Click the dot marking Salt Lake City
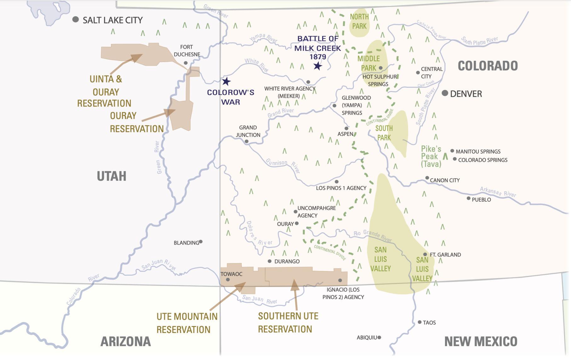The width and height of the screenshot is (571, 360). pyautogui.click(x=76, y=20)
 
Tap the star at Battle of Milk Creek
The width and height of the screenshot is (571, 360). pyautogui.click(x=318, y=66)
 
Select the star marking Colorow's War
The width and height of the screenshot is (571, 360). pyautogui.click(x=226, y=82)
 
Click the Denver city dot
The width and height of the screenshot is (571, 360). pyautogui.click(x=445, y=93)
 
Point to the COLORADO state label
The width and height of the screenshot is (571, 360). pyautogui.click(x=488, y=66)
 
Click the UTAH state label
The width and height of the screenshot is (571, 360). pyautogui.click(x=111, y=176)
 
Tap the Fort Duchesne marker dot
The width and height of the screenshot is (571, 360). pyautogui.click(x=186, y=63)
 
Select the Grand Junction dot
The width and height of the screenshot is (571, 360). pyautogui.click(x=247, y=142)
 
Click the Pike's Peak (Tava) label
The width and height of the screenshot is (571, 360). pyautogui.click(x=431, y=156)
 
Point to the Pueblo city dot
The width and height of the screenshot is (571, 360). pyautogui.click(x=469, y=198)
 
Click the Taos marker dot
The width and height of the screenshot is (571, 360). pyautogui.click(x=420, y=322)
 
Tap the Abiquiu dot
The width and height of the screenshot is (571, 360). pyautogui.click(x=379, y=337)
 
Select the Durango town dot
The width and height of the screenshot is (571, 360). pyautogui.click(x=270, y=261)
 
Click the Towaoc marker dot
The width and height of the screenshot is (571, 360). pyautogui.click(x=228, y=280)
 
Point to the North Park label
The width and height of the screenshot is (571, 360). pyautogui.click(x=359, y=21)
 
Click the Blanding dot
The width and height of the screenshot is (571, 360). pyautogui.click(x=201, y=242)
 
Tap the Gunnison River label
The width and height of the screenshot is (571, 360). pyautogui.click(x=283, y=165)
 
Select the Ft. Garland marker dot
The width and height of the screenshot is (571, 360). pyautogui.click(x=425, y=254)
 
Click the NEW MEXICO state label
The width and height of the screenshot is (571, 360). pyautogui.click(x=481, y=342)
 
